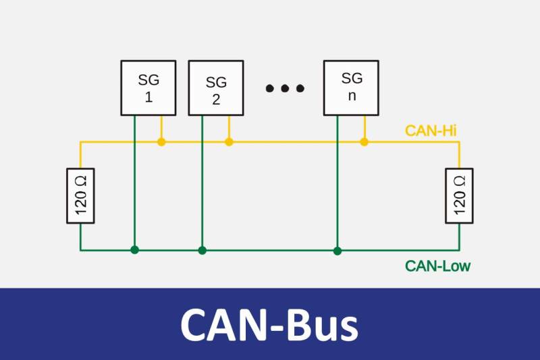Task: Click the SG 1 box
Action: click(148, 88)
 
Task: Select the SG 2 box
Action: click(216, 88)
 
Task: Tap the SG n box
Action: click(351, 88)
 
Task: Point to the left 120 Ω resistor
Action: click(81, 196)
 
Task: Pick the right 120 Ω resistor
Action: click(459, 196)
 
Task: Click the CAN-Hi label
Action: click(431, 130)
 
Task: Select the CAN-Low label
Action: click(437, 266)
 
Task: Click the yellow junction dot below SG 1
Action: click(161, 142)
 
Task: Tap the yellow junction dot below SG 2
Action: click(229, 142)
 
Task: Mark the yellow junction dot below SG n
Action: click(364, 142)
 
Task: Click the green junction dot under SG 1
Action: click(134, 250)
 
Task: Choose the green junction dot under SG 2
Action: click(202, 250)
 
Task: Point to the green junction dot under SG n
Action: click(337, 250)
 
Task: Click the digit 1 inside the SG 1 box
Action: click(148, 97)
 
